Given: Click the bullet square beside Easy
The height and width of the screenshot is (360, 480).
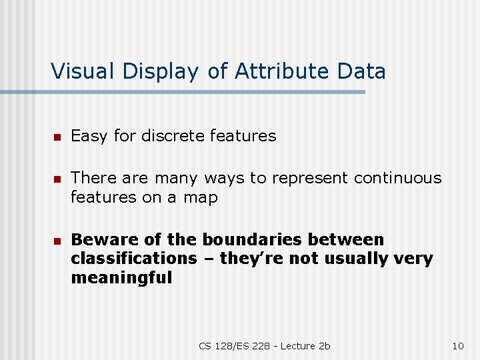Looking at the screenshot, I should [57, 137].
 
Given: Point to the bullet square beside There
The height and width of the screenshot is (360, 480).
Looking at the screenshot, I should [57, 179].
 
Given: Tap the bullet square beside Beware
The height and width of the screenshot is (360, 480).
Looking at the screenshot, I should [57, 241].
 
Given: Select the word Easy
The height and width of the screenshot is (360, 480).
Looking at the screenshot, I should [89, 137].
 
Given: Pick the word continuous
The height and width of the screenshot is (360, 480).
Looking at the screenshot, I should [398, 178].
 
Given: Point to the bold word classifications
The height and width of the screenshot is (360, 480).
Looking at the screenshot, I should [134, 258].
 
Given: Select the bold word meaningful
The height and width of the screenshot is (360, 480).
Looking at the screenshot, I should [121, 277].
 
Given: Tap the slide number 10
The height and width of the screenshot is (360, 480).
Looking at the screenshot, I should [457, 345].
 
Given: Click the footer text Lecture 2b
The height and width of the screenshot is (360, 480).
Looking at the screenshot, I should [305, 345].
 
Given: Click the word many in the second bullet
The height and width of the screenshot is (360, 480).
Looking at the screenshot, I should [178, 179].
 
